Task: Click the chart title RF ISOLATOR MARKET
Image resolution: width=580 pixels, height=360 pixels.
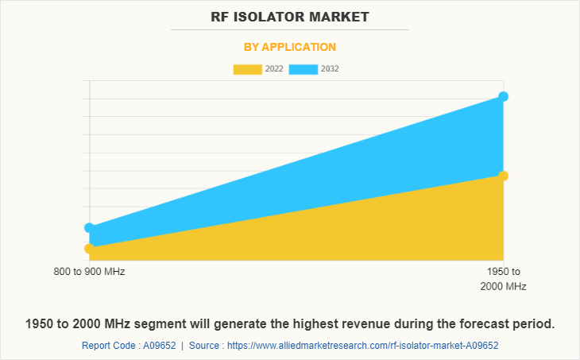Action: pos(290,16)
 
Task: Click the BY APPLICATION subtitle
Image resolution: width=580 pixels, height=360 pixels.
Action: pos(290,47)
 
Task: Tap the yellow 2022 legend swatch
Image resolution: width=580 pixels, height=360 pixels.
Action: pos(247,69)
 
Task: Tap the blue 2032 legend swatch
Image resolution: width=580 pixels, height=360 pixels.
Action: pos(303,69)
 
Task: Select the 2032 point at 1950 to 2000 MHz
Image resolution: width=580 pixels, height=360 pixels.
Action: pos(503,96)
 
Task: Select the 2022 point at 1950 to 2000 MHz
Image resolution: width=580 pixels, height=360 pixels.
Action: pos(503,176)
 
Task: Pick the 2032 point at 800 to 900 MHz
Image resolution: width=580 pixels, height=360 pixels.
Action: pos(89,228)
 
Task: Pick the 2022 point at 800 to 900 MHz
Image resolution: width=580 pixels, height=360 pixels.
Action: pos(89,249)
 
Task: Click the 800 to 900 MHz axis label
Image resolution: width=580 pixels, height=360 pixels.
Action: pos(89,272)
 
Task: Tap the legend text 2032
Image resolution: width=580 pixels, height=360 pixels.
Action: pos(330,69)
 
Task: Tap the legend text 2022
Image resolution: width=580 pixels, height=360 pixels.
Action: pos(275,69)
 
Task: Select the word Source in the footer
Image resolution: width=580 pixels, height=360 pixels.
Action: pos(207,346)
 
